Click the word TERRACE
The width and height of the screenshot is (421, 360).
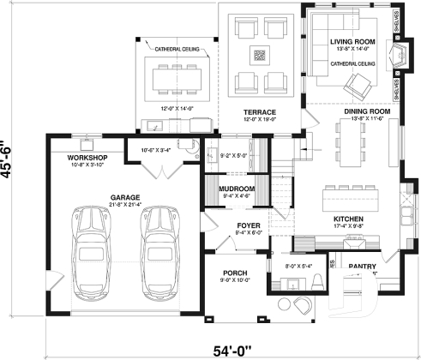(259, 112)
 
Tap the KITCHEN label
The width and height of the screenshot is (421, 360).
(350, 219)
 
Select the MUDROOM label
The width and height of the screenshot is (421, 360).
(237, 188)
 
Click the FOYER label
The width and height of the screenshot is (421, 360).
(249, 225)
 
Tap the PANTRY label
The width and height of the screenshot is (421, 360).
(362, 267)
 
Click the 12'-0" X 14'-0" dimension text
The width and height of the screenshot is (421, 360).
(177, 108)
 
